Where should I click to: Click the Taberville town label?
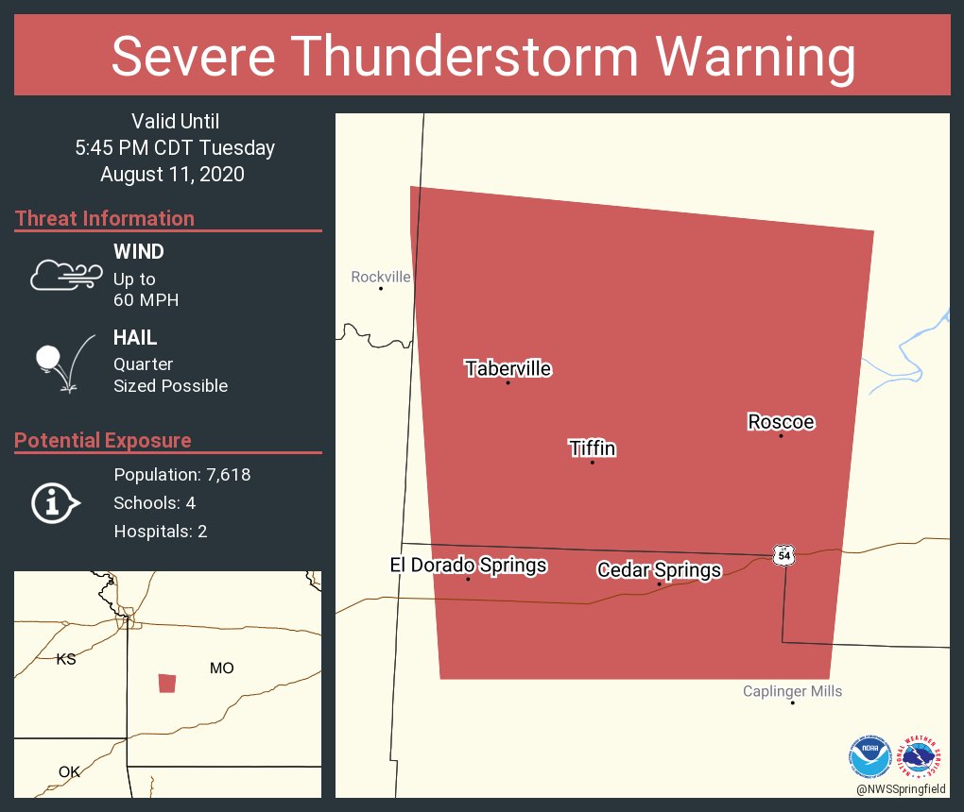click(x=508, y=368)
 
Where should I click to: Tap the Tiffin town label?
click(x=593, y=448)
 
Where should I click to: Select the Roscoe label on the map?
click(x=781, y=421)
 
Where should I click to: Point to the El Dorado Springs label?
click(x=468, y=566)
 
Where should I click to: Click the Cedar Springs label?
click(x=659, y=569)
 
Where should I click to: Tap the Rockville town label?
click(x=381, y=277)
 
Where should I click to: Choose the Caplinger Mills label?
click(x=792, y=691)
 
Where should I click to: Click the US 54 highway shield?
click(x=783, y=554)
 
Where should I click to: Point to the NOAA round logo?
click(x=869, y=755)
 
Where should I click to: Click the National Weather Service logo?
click(x=922, y=755)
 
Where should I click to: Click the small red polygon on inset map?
click(x=167, y=683)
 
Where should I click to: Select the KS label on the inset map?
click(x=66, y=659)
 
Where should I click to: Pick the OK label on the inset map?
click(x=69, y=771)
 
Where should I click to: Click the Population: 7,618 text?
click(x=181, y=474)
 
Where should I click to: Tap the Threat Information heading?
click(x=105, y=218)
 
